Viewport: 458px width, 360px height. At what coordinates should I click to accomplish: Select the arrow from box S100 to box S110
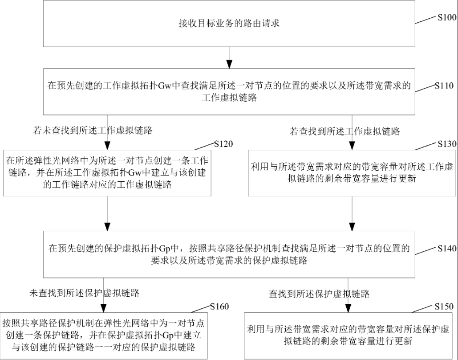tap(228, 57)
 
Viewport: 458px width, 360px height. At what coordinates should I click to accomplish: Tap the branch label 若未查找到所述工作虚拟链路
tap(93, 131)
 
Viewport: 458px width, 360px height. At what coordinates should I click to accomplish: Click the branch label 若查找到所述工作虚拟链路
tap(345, 131)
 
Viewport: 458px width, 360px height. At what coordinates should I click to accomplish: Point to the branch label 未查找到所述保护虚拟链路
tap(85, 293)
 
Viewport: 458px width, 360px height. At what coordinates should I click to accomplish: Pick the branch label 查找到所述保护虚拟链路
tap(319, 294)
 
